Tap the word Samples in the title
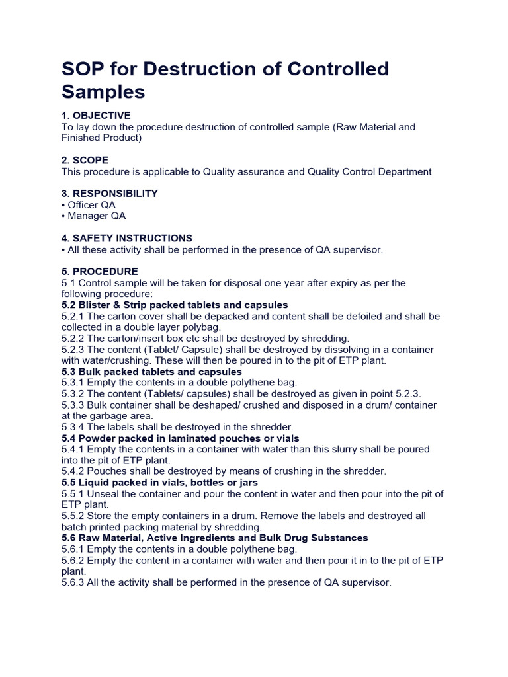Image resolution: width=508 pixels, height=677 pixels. tap(103, 91)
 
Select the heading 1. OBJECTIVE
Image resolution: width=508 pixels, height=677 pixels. tap(96, 116)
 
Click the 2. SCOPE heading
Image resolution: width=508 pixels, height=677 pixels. tap(85, 160)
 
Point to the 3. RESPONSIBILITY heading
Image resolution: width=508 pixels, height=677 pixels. tap(109, 194)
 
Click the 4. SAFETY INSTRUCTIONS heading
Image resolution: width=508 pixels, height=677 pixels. tap(127, 238)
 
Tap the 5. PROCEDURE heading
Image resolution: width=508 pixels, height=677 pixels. tap(100, 272)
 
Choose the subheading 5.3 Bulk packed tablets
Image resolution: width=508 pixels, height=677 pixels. tap(151, 372)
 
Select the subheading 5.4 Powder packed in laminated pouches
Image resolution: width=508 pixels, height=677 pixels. tap(180, 438)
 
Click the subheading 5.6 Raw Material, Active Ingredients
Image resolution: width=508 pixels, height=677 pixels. tap(214, 538)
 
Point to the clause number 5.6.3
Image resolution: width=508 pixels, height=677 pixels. tap(72, 582)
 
